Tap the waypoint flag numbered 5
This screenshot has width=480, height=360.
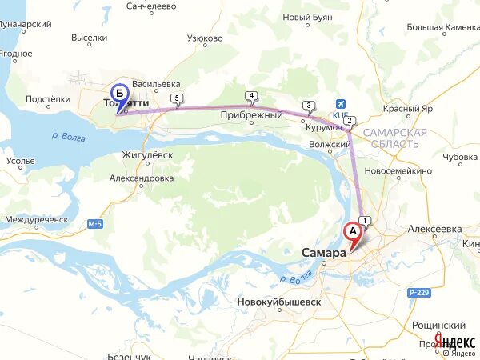point(177,99)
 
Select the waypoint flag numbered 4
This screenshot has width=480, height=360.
point(252,97)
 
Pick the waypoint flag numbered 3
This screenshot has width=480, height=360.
point(309,106)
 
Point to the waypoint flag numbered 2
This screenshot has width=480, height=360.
point(350,121)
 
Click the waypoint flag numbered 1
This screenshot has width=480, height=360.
point(366,221)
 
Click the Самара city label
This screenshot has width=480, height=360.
point(323,253)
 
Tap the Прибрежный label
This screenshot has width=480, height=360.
point(252,115)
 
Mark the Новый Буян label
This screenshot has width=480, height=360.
point(308,17)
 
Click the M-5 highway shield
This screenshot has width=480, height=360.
point(96,223)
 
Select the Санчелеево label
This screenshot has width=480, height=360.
point(151,6)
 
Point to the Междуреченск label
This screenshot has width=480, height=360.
point(36,219)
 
